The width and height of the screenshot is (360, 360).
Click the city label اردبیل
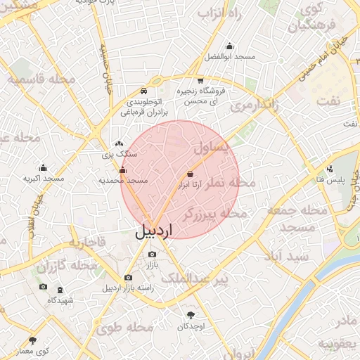[x=152, y=230]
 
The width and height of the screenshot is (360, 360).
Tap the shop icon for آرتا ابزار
[x=190, y=174]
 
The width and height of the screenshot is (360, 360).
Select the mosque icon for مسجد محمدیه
[x=123, y=169]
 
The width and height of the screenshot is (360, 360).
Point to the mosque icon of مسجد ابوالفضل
[x=229, y=46]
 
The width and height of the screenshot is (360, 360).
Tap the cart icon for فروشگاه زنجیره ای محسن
[x=200, y=80]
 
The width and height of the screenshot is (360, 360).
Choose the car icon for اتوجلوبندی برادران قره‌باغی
[x=143, y=91]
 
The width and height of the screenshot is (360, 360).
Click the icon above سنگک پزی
[x=118, y=143]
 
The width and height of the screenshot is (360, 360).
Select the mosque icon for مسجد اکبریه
[x=44, y=168]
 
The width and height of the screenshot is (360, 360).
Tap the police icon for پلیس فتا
[x=330, y=169]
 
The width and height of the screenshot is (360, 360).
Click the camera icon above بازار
[x=152, y=255]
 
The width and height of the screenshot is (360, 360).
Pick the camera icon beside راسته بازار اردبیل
[x=127, y=278]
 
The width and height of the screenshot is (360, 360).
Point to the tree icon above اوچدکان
[x=191, y=315]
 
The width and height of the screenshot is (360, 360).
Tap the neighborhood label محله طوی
[x=130, y=327]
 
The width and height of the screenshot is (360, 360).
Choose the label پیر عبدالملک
[x=195, y=280]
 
